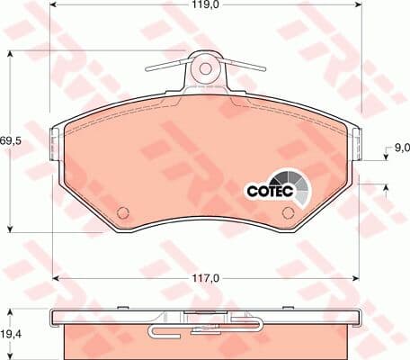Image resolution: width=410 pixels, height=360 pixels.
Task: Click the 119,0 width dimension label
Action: coord(205,4)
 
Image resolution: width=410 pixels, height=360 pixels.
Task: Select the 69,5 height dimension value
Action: coord(11,140)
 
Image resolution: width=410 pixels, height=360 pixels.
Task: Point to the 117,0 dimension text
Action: coord(206,278)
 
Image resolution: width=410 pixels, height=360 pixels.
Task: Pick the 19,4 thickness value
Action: coord(11,334)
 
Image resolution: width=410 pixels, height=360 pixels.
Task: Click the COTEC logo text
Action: coord(270,191)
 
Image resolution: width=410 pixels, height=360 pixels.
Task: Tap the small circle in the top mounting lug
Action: coord(205,68)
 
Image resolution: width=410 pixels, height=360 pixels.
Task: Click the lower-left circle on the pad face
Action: coord(122,212)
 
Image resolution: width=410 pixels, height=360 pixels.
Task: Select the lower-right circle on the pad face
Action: coord(289,212)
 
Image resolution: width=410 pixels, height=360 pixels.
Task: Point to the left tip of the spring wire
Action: coord(147,70)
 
